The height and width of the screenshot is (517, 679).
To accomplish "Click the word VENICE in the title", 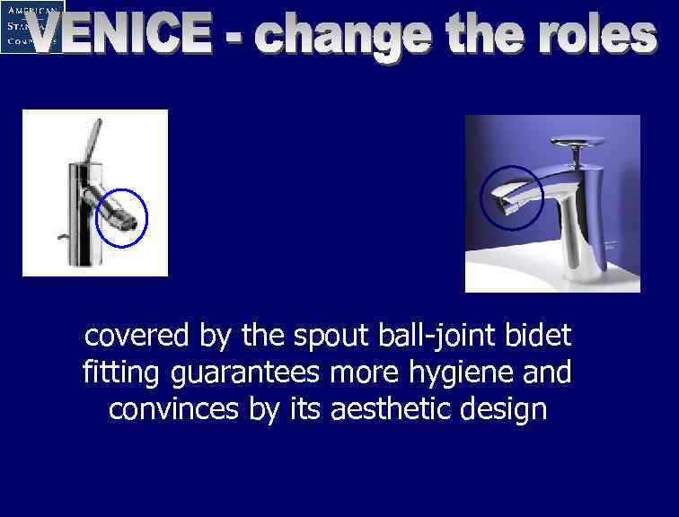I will [x=121, y=37].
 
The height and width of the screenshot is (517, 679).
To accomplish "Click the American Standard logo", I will [x=32, y=26].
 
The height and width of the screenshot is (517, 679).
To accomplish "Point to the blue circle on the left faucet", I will [x=121, y=218].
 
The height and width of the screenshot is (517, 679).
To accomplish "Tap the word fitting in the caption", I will [x=119, y=372].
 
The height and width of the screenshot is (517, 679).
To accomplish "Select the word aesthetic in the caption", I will [x=387, y=408].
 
